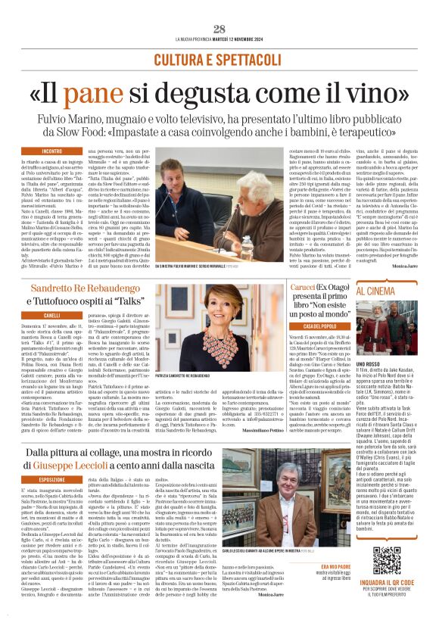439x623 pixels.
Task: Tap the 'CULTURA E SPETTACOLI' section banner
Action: click(x=219, y=58)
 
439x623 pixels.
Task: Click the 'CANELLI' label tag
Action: click(x=52, y=315)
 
